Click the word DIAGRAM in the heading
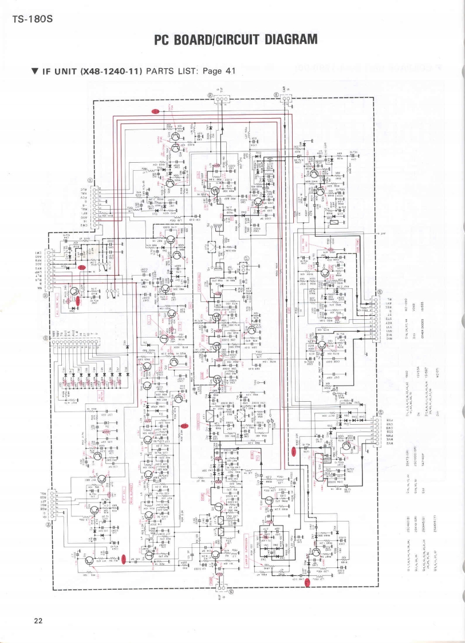click(285, 40)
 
